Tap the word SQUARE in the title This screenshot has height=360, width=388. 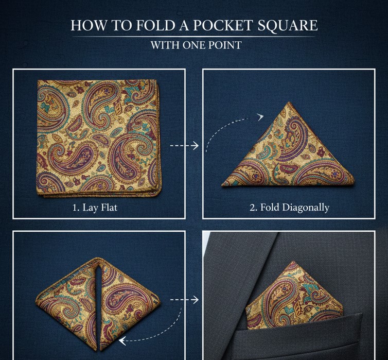(288, 26)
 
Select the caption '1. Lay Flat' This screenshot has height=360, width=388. (95, 207)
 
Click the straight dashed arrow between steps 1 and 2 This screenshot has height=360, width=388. (184, 146)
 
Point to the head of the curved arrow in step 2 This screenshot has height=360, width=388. (260, 116)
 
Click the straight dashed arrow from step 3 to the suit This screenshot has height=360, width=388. (184, 300)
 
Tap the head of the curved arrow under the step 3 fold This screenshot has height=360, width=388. (122, 341)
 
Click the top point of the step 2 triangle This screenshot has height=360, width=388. (289, 102)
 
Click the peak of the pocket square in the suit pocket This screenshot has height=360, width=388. (293, 262)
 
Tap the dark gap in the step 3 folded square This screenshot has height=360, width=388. (98, 304)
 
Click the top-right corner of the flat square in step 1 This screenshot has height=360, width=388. (156, 81)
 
